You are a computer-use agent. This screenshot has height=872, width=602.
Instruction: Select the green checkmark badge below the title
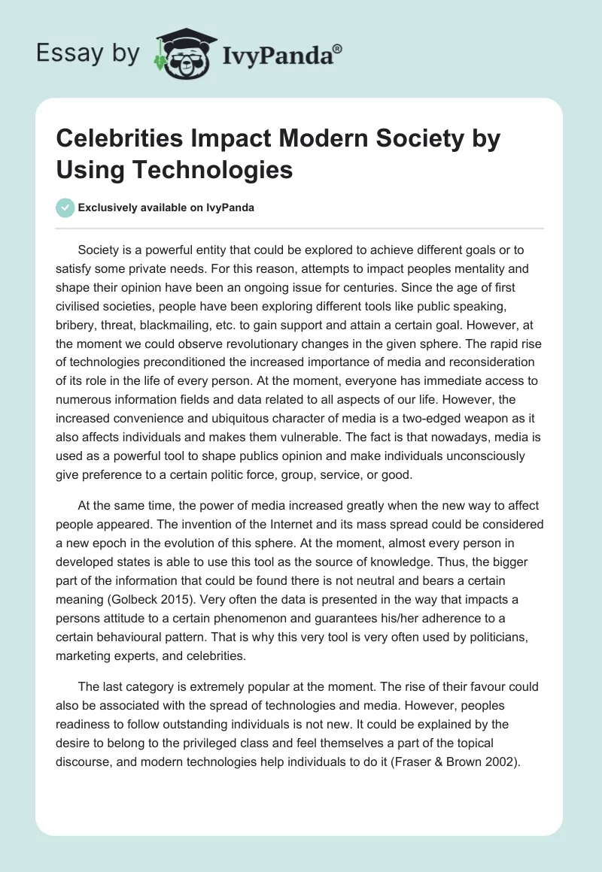[x=65, y=207]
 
